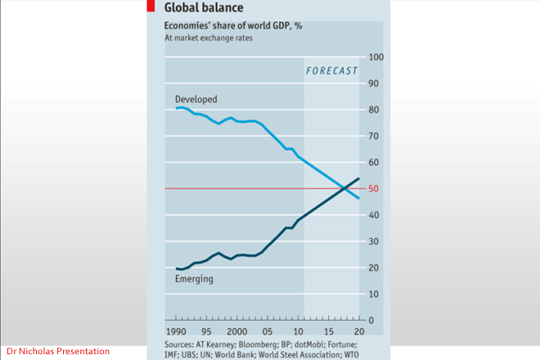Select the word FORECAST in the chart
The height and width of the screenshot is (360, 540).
pos(331,71)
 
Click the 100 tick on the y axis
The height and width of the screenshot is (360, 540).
pos(376,57)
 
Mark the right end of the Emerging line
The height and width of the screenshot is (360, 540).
pos(358,178)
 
